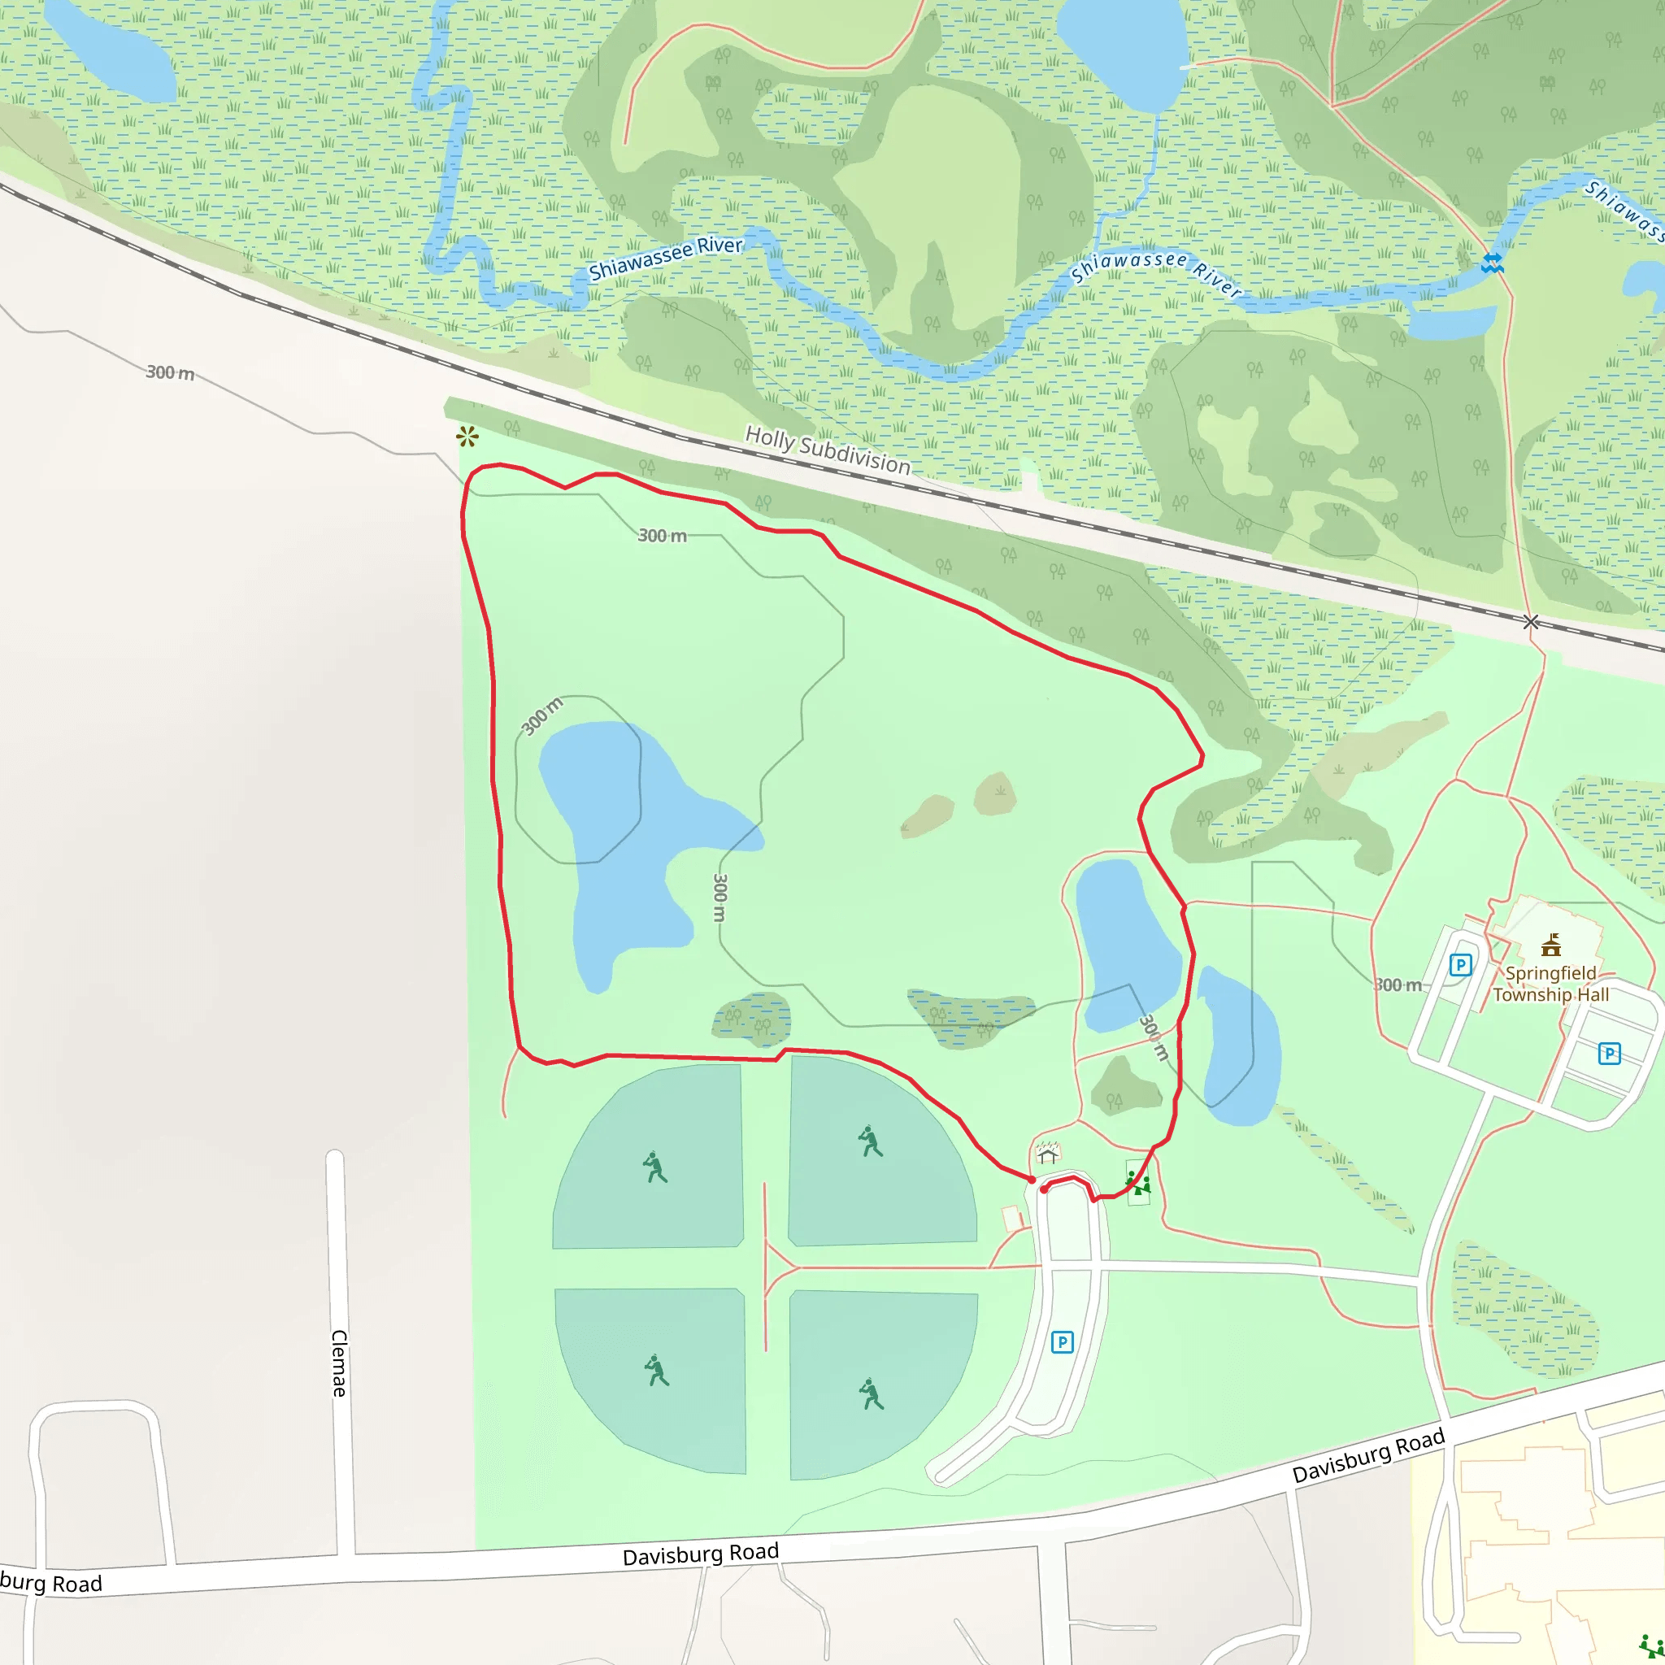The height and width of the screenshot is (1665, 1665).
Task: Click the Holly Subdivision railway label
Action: pos(828,450)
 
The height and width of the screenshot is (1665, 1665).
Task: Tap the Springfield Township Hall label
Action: pos(1550,985)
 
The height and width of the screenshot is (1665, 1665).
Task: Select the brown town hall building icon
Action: pos(1551,946)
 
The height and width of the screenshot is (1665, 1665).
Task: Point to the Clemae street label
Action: pos(340,1363)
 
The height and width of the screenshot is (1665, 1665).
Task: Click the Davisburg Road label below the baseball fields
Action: pos(701,1554)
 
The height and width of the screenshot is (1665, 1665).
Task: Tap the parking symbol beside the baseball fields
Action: pos(1063,1341)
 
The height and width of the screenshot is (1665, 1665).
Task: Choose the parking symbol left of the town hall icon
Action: pos(1460,964)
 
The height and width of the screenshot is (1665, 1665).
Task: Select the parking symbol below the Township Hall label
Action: pos(1609,1053)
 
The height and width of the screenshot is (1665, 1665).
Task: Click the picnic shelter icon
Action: pos(1047,1153)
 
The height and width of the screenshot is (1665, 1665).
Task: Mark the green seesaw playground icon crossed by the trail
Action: pos(1138,1182)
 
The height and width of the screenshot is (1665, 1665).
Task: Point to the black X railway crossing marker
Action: pos(1531,622)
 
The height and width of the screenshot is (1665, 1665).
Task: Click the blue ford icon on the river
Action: pos(1493,263)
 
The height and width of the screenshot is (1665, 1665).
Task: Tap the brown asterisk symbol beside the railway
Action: pos(467,437)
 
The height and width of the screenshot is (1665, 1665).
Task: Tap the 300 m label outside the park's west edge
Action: pos(170,372)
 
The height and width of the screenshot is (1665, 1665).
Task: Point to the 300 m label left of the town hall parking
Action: pos(1398,985)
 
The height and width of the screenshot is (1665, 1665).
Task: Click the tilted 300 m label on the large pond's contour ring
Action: pos(542,715)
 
